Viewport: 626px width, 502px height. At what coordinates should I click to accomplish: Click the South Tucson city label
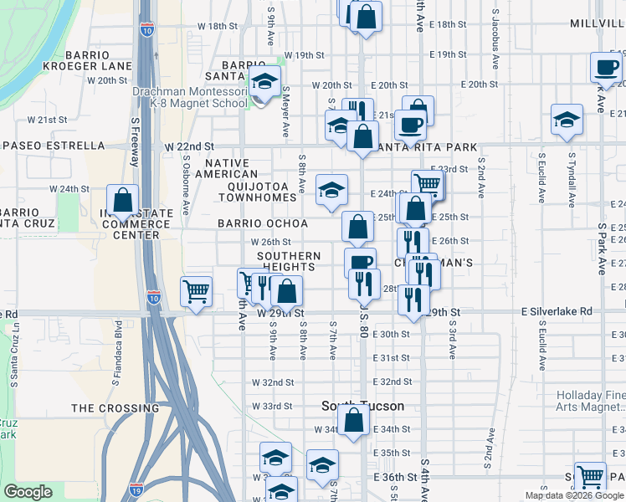362,406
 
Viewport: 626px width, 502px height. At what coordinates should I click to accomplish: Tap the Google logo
28,492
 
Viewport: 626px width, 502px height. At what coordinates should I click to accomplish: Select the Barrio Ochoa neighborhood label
263,223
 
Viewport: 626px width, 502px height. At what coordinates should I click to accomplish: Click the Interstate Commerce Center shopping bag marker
122,202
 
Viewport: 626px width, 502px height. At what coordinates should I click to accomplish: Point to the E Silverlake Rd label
556,311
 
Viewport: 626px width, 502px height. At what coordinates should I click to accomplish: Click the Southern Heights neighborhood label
289,261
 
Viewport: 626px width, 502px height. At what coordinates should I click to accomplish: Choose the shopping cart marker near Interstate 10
196,293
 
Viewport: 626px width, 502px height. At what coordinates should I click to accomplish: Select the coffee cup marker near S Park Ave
605,68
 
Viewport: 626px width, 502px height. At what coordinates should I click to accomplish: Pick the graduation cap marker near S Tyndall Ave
567,120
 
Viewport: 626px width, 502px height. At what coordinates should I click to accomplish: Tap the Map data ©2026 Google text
573,495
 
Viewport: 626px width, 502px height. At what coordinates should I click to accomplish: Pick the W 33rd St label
278,406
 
